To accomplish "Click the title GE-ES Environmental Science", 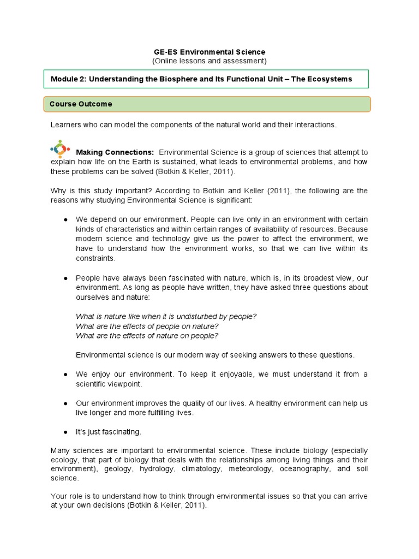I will pyautogui.click(x=209, y=52).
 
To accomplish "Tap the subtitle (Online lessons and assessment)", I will pyautogui.click(x=209, y=61).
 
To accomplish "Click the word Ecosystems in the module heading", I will pyautogui.click(x=330, y=79).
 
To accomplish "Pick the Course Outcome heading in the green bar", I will pyautogui.click(x=81, y=104).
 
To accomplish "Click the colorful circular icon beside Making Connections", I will pyautogui.click(x=59, y=148).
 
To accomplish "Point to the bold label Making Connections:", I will pyautogui.click(x=115, y=152).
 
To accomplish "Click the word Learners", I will pyautogui.click(x=65, y=125).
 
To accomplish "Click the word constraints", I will pyautogui.click(x=95, y=258).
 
